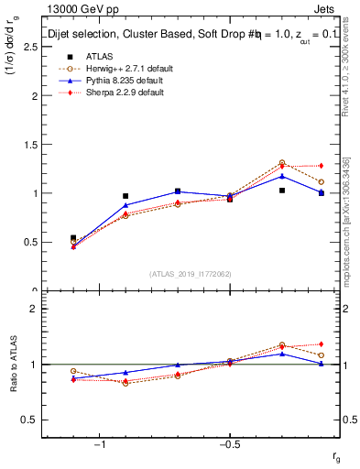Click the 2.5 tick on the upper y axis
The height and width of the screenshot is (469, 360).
[x=29, y=47]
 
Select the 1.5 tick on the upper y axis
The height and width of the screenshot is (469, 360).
[x=29, y=145]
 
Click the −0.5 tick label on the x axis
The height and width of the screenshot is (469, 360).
[x=228, y=446]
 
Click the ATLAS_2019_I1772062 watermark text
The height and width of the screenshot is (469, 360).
[x=191, y=273]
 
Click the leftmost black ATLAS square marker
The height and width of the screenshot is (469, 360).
[x=73, y=238]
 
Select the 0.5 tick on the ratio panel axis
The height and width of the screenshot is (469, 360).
[x=29, y=420]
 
